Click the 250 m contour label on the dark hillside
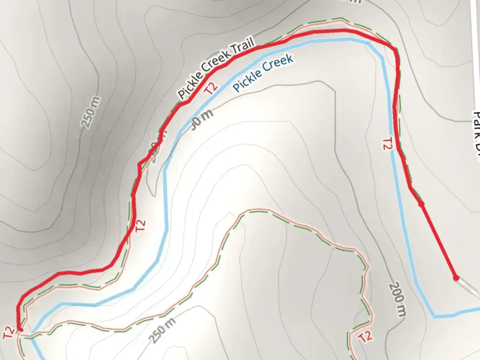click(x=91, y=112)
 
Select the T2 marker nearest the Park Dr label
click(x=386, y=144)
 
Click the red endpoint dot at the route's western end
click(x=20, y=329)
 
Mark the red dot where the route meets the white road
click(x=456, y=278)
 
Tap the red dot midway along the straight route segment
click(x=421, y=204)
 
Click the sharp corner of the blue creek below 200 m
click(x=434, y=315)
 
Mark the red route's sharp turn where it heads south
click(x=396, y=50)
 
